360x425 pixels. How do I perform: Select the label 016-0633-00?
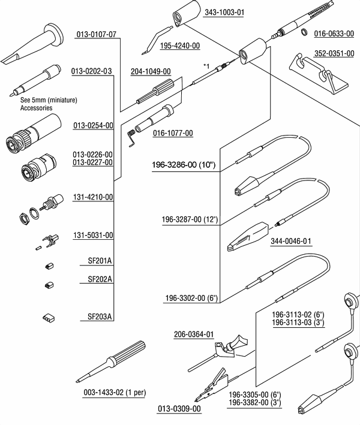(x=334, y=34)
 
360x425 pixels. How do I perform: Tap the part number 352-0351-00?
(x=334, y=53)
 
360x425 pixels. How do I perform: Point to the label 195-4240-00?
(x=180, y=46)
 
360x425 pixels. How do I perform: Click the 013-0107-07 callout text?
(x=96, y=34)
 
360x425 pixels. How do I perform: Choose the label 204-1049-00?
(x=151, y=71)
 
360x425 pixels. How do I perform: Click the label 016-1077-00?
(x=173, y=133)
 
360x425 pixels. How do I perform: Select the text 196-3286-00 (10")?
(x=184, y=165)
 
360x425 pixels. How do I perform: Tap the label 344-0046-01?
(x=292, y=241)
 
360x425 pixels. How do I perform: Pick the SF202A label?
(x=100, y=279)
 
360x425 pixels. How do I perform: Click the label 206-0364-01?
(x=194, y=334)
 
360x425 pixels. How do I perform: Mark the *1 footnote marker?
(x=206, y=65)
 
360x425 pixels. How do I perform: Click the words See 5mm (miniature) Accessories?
(x=41, y=104)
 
